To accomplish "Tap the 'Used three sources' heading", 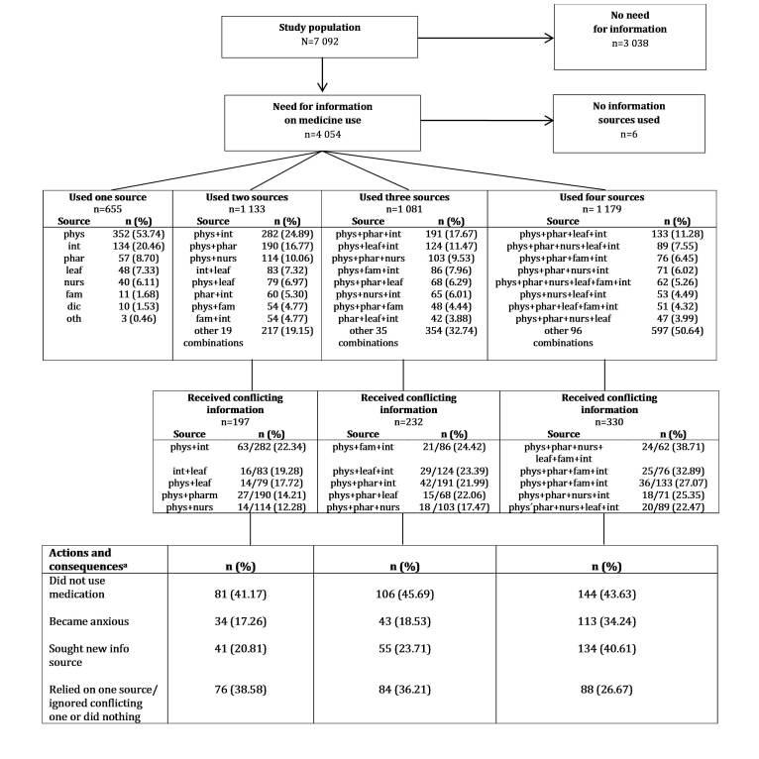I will (404, 198).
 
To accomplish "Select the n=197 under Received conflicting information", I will (236, 421).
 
